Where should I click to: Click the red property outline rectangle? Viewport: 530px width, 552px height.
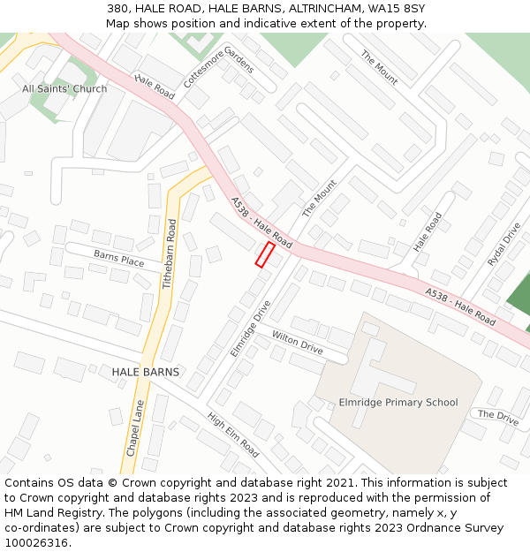click(x=265, y=254)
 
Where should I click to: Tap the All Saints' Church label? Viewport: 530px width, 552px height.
click(x=64, y=88)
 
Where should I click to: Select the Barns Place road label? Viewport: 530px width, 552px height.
click(x=119, y=259)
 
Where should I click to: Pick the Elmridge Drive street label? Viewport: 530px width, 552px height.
click(x=251, y=329)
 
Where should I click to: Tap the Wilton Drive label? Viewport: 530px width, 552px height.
click(x=297, y=343)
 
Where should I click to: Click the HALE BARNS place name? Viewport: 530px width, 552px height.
click(x=145, y=372)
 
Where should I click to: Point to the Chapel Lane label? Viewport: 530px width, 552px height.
click(x=134, y=428)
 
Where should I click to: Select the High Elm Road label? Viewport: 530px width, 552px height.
click(x=233, y=435)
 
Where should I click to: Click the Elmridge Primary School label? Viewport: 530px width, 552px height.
click(x=398, y=403)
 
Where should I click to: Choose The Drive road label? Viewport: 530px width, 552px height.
click(x=498, y=415)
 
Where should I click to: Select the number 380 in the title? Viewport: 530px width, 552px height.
click(x=117, y=8)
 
